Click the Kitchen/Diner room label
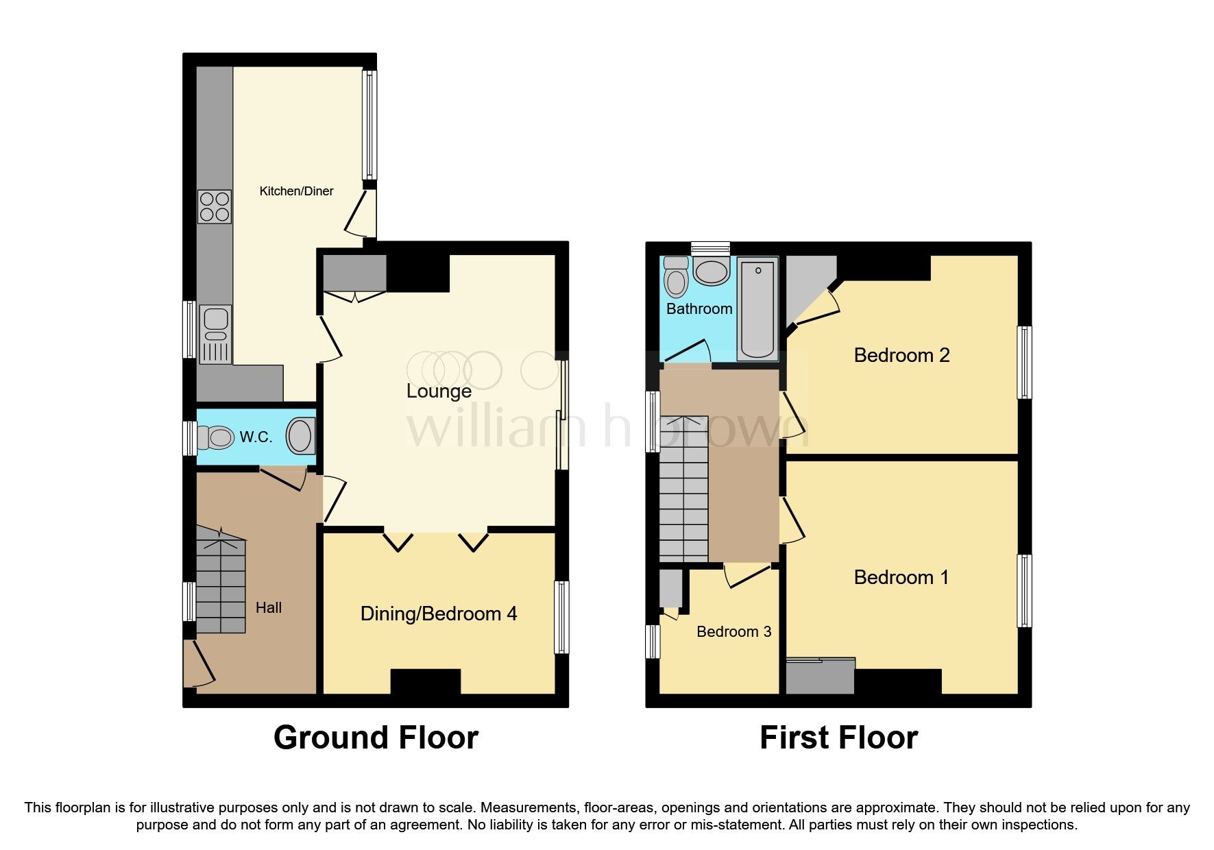(296, 191)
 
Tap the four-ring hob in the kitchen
(215, 206)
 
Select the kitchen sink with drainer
(215, 335)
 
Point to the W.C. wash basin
(300, 436)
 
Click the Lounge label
(439, 391)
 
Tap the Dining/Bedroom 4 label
(439, 614)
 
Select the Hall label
(268, 607)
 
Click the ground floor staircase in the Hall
(221, 583)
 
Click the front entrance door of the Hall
(197, 664)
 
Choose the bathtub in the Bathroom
(757, 308)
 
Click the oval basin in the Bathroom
(712, 272)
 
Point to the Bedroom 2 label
(901, 355)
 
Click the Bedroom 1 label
(901, 577)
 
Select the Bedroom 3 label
(733, 631)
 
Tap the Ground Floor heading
(376, 738)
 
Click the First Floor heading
(838, 738)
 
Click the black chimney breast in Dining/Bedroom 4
(425, 681)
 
